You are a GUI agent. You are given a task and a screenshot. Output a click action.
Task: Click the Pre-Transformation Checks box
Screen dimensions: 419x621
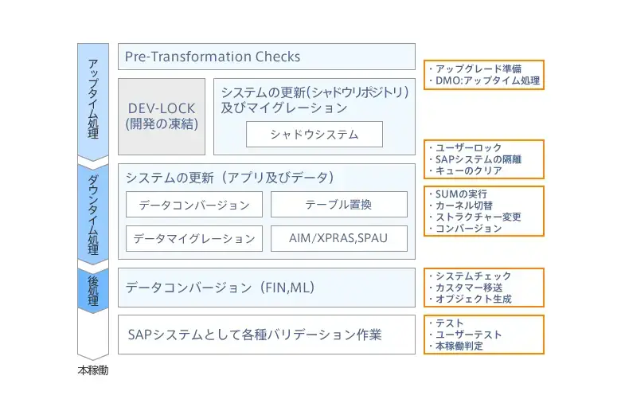[x=267, y=57]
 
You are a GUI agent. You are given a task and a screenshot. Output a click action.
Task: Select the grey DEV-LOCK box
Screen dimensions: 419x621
[x=162, y=116]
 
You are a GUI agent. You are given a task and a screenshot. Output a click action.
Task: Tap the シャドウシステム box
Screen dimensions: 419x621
[x=314, y=135]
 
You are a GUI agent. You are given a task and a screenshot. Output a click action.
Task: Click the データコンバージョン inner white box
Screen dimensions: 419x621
[x=193, y=205]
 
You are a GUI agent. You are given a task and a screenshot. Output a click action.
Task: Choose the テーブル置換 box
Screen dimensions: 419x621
[x=338, y=205]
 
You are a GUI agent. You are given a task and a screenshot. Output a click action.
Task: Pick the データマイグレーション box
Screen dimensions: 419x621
[x=193, y=238]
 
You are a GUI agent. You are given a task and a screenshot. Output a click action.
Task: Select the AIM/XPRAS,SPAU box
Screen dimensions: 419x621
[x=338, y=238]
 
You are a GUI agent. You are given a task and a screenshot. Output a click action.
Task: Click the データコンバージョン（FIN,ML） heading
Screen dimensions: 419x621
[x=221, y=288]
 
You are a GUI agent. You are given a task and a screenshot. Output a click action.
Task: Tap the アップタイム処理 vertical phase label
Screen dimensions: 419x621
[x=92, y=99]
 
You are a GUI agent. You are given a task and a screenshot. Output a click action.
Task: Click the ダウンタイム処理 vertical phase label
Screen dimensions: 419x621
[x=92, y=212]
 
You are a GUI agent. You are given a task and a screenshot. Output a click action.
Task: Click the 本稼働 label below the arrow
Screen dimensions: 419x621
[x=92, y=371]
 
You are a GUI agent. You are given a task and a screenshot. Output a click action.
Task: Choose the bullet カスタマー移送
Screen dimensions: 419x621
[x=469, y=288]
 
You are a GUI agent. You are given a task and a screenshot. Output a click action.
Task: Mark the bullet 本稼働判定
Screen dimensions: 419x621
[x=459, y=346]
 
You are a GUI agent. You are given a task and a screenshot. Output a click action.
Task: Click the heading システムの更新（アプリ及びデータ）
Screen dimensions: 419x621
[x=229, y=177]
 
